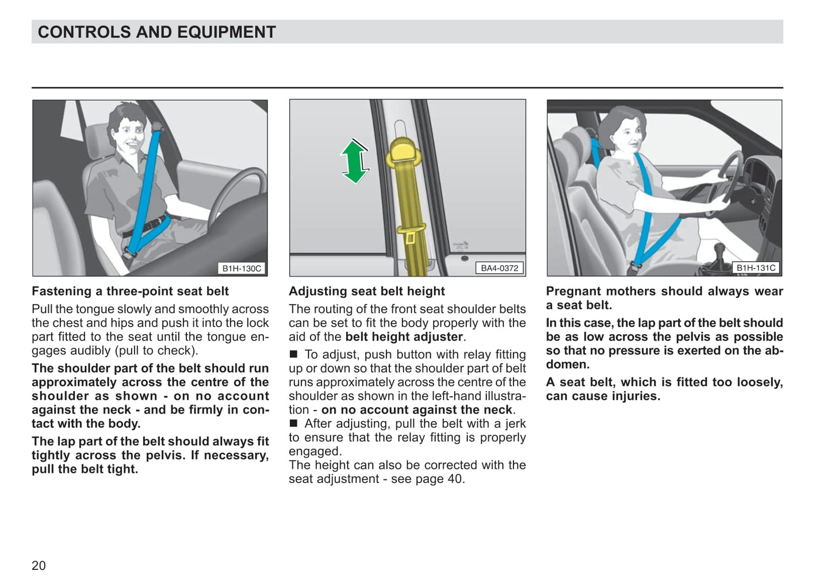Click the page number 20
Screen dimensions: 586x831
(x=39, y=566)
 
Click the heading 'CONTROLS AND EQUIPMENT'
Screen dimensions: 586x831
(x=156, y=32)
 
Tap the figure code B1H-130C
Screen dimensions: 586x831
(x=242, y=269)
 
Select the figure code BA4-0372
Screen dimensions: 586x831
(x=499, y=269)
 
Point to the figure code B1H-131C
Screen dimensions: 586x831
(x=756, y=268)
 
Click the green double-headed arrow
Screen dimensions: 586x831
(x=355, y=162)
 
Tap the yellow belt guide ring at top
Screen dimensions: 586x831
(x=407, y=152)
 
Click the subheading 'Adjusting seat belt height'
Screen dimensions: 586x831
(x=366, y=292)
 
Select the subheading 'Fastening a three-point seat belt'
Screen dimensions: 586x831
(x=130, y=292)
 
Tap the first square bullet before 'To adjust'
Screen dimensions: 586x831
(x=294, y=354)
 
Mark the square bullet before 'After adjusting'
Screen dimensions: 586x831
(x=294, y=423)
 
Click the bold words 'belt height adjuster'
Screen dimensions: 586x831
(x=404, y=337)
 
